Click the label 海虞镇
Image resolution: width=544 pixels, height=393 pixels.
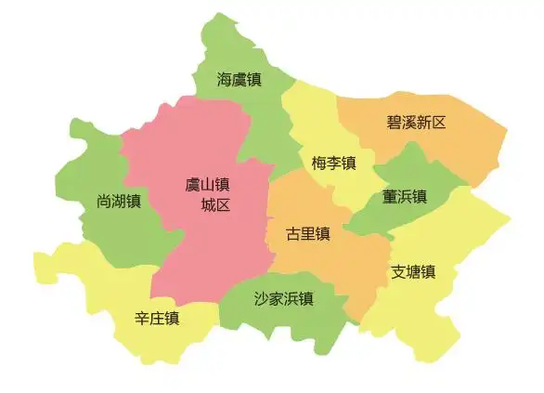click(239, 80)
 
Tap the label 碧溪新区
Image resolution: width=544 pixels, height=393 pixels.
click(417, 122)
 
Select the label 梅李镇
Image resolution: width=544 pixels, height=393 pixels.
click(334, 164)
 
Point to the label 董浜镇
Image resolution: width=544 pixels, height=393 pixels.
click(405, 197)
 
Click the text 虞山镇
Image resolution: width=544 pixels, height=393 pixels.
click(207, 185)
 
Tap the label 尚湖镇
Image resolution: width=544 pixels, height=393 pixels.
click(119, 201)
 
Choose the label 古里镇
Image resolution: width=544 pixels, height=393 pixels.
click(308, 233)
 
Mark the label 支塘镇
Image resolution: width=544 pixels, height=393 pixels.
click(413, 272)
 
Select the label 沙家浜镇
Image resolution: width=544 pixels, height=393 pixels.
click(283, 298)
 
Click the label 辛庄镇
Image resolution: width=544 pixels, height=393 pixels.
click(157, 318)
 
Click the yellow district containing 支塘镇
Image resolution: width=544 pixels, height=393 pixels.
click(455, 251)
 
